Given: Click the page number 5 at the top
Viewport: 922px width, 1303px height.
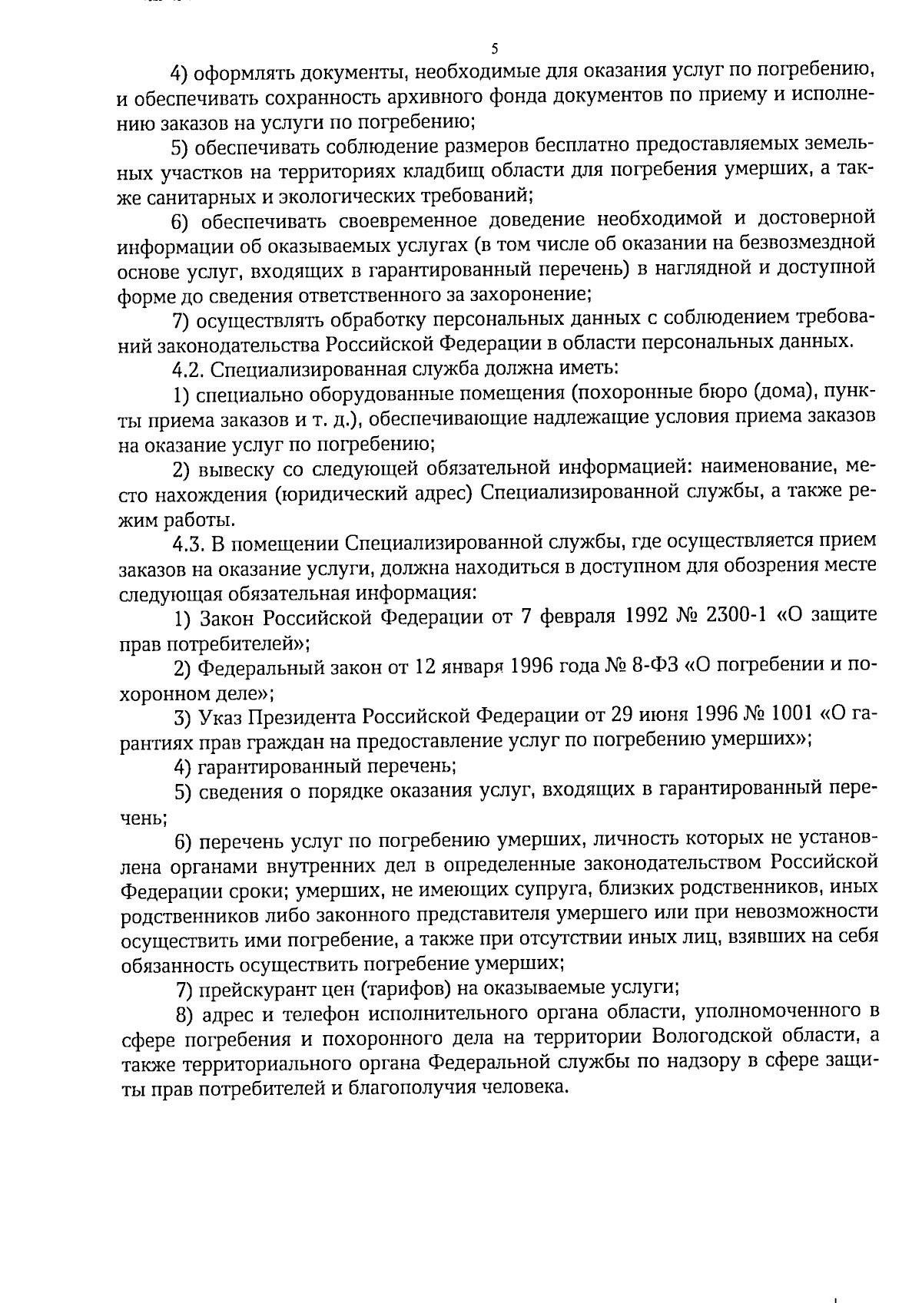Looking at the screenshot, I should click(494, 49).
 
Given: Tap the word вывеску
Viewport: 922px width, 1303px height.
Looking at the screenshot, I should click(232, 468).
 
